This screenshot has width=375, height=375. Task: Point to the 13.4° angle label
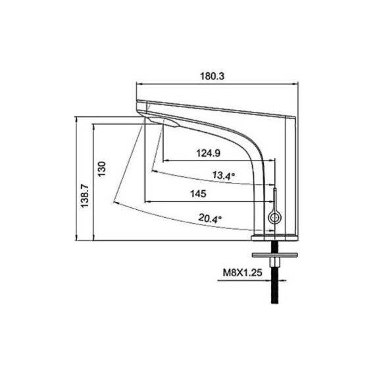(x=224, y=176)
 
